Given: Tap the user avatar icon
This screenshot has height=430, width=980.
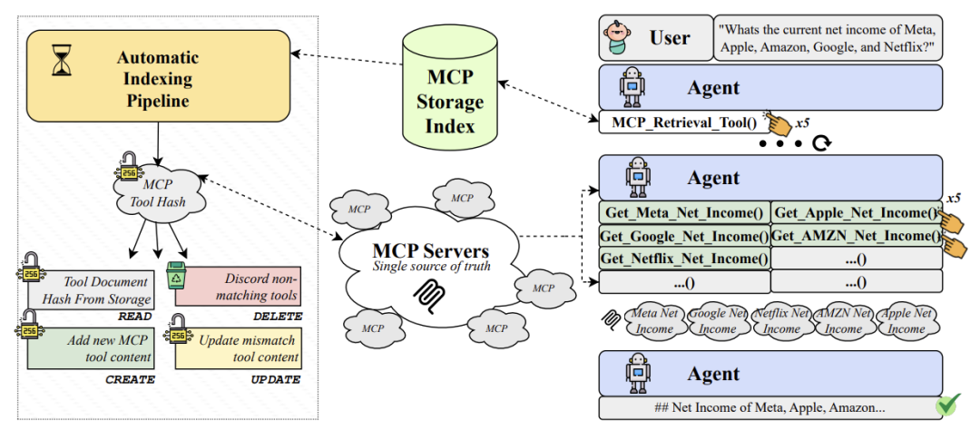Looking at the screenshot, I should tap(620, 37).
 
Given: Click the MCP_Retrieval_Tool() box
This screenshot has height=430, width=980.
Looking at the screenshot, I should tap(680, 121).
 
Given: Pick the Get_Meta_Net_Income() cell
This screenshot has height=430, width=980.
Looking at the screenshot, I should tap(683, 213).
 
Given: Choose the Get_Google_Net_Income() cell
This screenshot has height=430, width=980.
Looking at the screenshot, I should tap(683, 236).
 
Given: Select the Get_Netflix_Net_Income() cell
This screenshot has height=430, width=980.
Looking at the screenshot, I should tap(683, 259).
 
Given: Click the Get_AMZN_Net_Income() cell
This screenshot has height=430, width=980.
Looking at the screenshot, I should tap(855, 236).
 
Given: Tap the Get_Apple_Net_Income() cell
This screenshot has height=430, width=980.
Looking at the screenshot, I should tap(855, 213).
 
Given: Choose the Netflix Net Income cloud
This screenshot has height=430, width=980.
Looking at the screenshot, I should tap(781, 322).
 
